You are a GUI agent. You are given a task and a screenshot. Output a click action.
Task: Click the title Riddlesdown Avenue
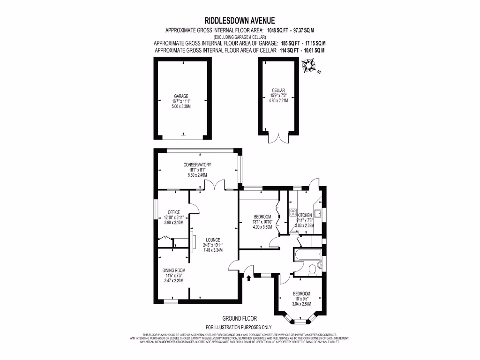[240, 20]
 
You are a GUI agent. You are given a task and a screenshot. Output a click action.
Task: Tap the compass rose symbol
[309, 66]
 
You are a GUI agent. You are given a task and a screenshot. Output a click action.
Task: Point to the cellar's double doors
[278, 138]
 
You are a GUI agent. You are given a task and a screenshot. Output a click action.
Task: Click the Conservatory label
[197, 165]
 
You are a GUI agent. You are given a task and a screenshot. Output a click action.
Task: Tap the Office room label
[174, 212]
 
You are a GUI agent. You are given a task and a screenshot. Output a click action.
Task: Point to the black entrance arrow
[248, 278]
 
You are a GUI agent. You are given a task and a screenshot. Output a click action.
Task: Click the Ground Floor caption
[239, 318]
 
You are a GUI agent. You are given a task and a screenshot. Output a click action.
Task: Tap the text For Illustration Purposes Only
[239, 327]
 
